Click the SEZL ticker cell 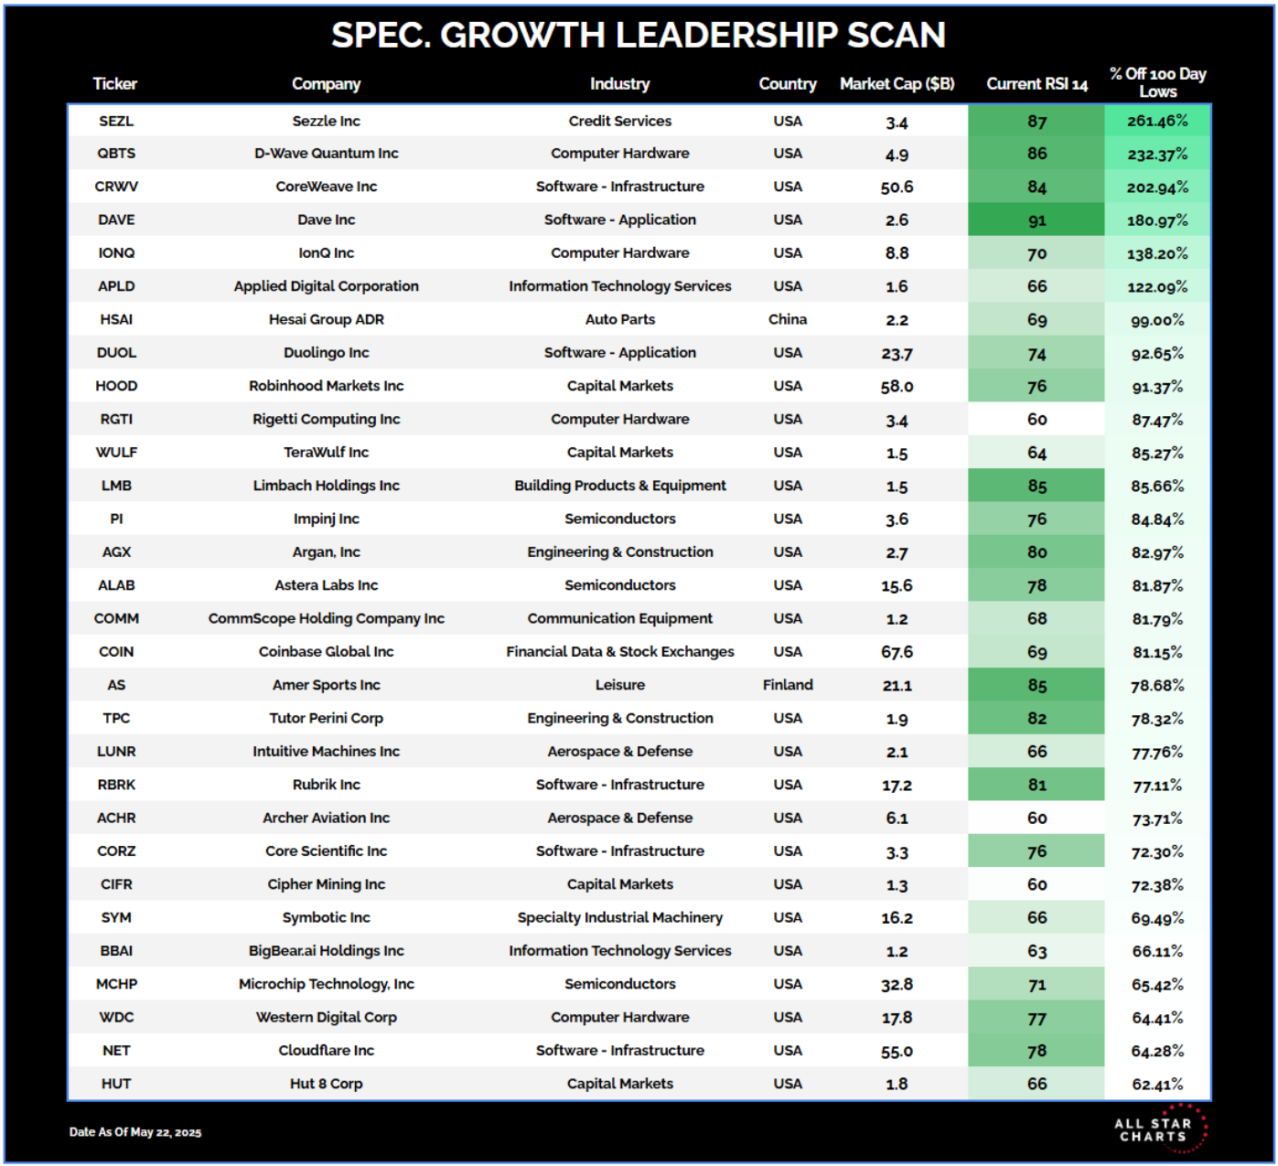116,121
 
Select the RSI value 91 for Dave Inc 1036,220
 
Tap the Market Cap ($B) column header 897,84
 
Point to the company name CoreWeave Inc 327,187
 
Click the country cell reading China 788,319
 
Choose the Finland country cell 788,685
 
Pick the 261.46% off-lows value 1157,121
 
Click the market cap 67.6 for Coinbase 897,652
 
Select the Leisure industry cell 620,685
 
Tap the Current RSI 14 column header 1036,84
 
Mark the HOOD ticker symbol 116,386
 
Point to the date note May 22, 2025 135,1132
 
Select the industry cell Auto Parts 620,319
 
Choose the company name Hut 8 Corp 327,1084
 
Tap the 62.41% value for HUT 1157,1085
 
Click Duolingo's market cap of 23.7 897,354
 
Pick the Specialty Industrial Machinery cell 620,917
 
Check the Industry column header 620,84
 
